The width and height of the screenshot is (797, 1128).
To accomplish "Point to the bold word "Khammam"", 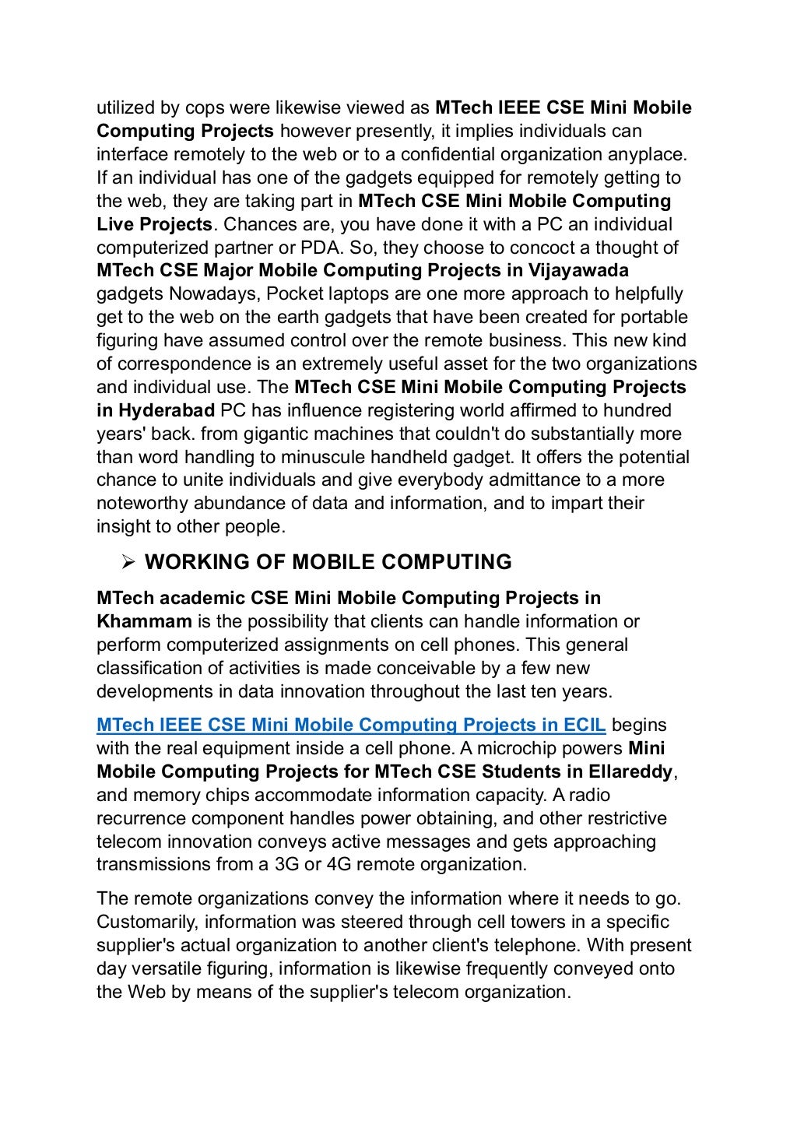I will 144,621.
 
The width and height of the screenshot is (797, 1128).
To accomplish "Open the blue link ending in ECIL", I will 351,725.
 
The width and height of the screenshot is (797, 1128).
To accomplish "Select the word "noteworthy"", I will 142,503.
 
